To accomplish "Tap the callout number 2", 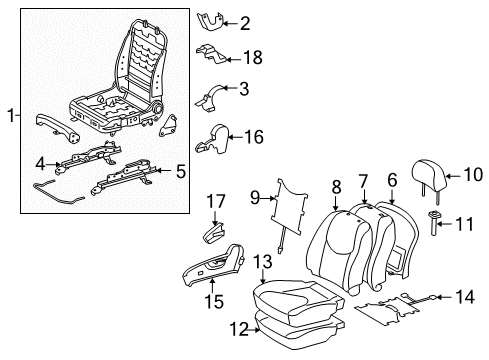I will (x=244, y=22).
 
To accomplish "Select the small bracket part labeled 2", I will (x=212, y=19).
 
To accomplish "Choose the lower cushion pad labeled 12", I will (x=300, y=324).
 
